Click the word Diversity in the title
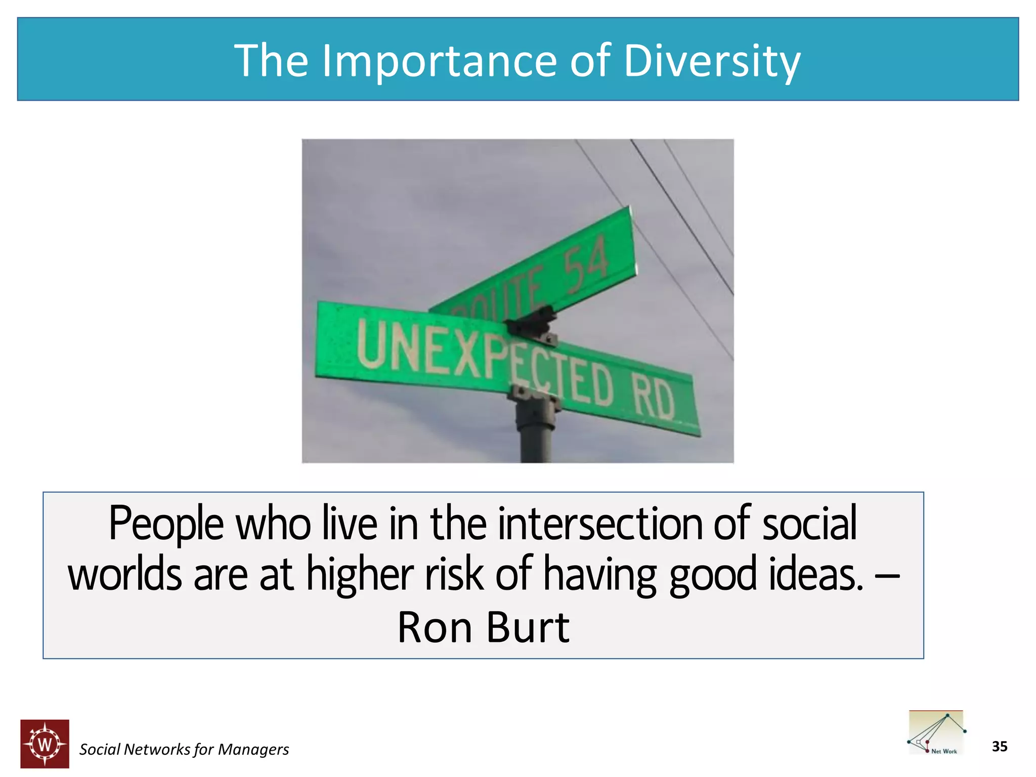712,61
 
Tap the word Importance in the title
439,61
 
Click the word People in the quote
166,525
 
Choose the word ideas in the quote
815,574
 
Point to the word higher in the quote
360,574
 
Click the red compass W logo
45,744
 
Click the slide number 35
999,747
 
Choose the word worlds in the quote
124,574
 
